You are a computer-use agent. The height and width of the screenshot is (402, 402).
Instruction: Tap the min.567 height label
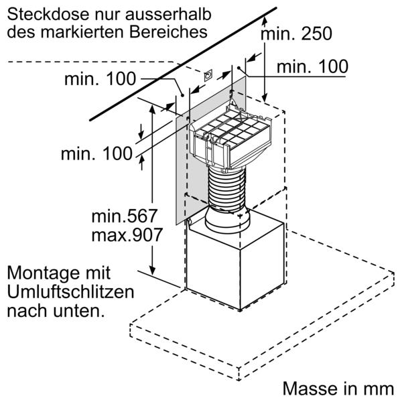(124, 216)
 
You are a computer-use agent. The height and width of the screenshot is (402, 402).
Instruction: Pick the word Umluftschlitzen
(70, 292)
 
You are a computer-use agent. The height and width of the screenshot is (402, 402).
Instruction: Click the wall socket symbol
(208, 75)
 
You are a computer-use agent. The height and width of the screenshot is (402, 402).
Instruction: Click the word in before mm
(350, 389)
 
